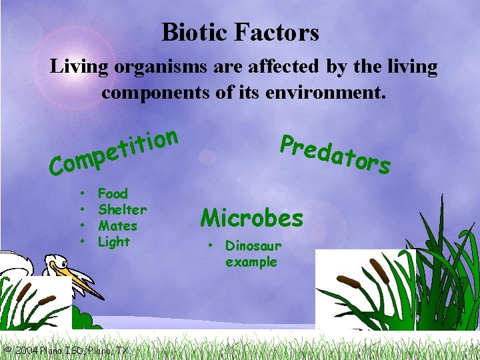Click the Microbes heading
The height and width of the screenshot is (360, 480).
pyautogui.click(x=252, y=217)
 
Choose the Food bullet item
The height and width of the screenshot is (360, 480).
pyautogui.click(x=113, y=194)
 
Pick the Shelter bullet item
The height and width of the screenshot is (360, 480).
pyautogui.click(x=122, y=210)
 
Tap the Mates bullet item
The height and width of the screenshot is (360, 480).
pyautogui.click(x=117, y=226)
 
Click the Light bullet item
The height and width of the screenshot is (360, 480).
pyautogui.click(x=114, y=242)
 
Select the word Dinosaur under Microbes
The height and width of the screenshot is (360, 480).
pyautogui.click(x=253, y=246)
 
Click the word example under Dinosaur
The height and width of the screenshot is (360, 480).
pyautogui.click(x=251, y=262)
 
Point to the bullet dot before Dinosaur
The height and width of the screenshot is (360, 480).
pyautogui.click(x=209, y=246)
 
